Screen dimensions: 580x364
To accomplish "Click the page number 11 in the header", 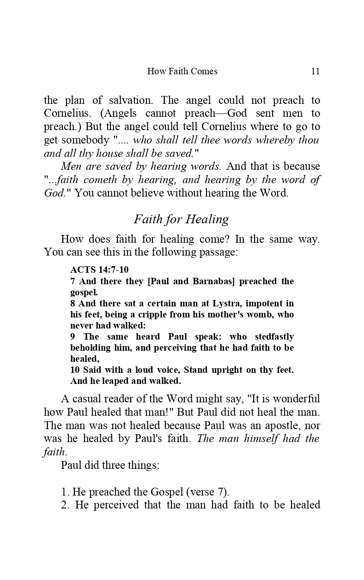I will click(x=315, y=71).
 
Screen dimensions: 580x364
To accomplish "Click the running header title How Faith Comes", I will click(x=182, y=71).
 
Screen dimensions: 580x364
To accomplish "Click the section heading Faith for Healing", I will click(x=181, y=219).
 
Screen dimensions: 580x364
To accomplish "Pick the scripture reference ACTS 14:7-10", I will click(x=99, y=270).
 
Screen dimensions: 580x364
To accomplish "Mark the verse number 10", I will click(x=75, y=370).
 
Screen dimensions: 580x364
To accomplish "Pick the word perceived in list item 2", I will click(x=116, y=505).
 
